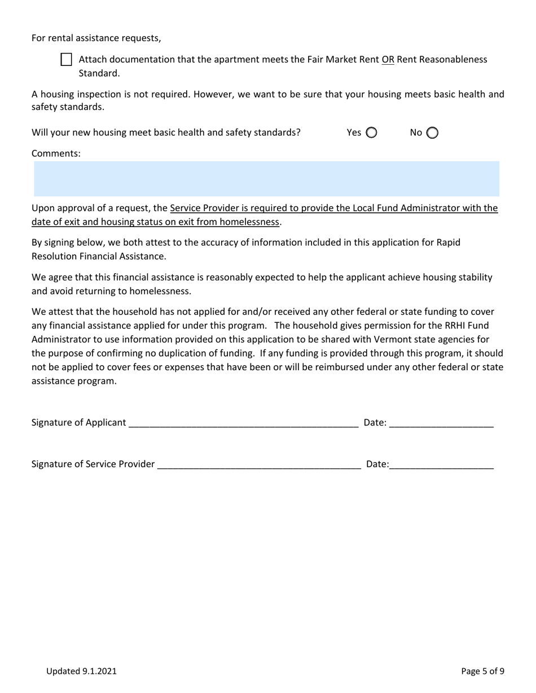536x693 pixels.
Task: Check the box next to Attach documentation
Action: point(66,60)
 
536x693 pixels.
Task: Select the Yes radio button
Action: point(371,133)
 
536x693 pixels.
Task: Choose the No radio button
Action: point(432,133)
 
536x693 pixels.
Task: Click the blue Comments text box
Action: point(266,179)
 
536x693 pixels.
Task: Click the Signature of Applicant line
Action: point(243,424)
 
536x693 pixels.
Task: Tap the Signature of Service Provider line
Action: point(259,465)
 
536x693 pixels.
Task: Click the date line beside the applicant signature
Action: point(441,424)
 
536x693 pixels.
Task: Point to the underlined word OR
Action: point(388,60)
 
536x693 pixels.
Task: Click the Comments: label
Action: point(56,153)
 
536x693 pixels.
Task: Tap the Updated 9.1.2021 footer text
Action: point(81,671)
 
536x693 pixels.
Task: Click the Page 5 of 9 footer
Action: point(482,671)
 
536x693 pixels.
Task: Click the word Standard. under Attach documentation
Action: point(99,73)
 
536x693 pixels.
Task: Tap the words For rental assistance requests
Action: point(96,38)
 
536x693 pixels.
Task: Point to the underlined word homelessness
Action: point(249,222)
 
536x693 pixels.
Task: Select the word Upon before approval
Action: point(43,208)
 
